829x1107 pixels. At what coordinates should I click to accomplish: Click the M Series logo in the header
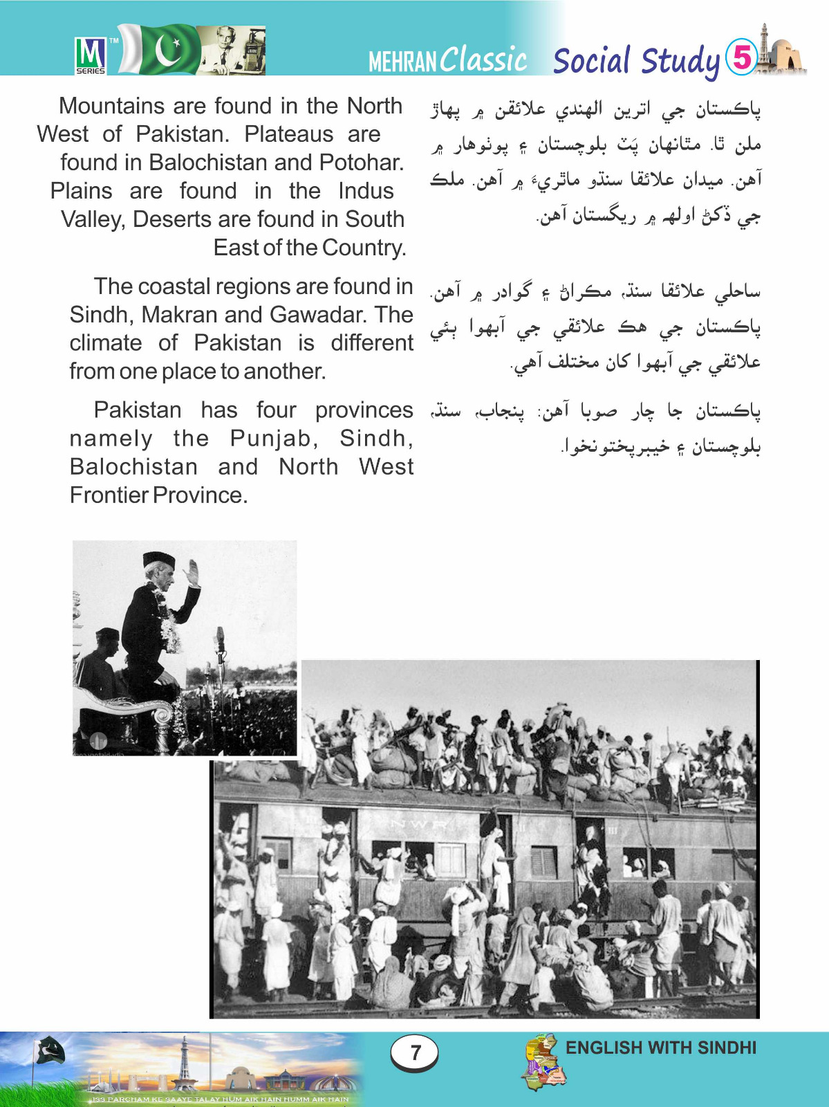[x=91, y=55]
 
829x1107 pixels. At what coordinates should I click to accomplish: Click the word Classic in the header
[x=484, y=60]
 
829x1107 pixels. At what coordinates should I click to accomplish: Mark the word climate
[x=106, y=343]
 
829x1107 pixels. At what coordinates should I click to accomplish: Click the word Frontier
[x=109, y=495]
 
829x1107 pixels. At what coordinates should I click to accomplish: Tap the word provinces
[x=364, y=410]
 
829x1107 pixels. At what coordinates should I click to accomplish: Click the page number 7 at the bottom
[x=415, y=1052]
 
